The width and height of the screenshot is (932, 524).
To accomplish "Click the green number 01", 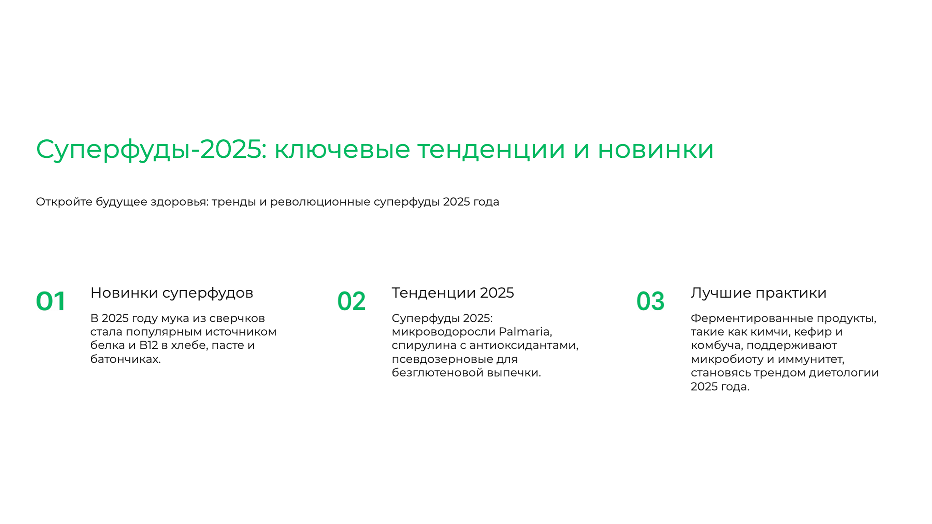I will (x=51, y=301).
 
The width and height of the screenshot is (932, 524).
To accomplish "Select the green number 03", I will (x=650, y=301).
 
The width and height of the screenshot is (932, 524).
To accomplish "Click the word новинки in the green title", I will (x=656, y=149).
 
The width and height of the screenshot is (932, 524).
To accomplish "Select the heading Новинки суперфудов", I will (x=172, y=293).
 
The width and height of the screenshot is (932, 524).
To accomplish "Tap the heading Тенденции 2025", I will (x=453, y=293).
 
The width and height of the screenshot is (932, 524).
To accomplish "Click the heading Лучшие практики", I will (x=758, y=293).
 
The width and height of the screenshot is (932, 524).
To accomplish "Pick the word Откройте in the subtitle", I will (x=64, y=202).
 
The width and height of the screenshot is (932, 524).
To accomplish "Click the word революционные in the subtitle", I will (x=320, y=202).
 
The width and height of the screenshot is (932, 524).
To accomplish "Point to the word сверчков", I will (x=237, y=318).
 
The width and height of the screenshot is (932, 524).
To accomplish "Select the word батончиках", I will (x=125, y=359).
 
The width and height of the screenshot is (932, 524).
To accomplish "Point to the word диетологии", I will (x=843, y=373).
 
